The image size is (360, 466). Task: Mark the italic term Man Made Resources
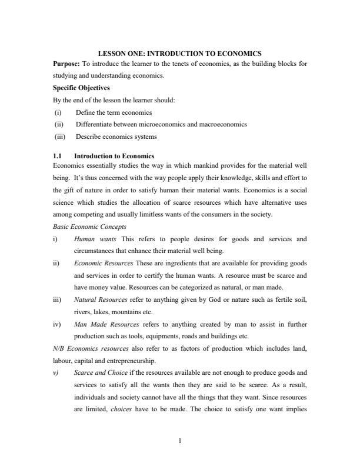pos(106,325)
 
